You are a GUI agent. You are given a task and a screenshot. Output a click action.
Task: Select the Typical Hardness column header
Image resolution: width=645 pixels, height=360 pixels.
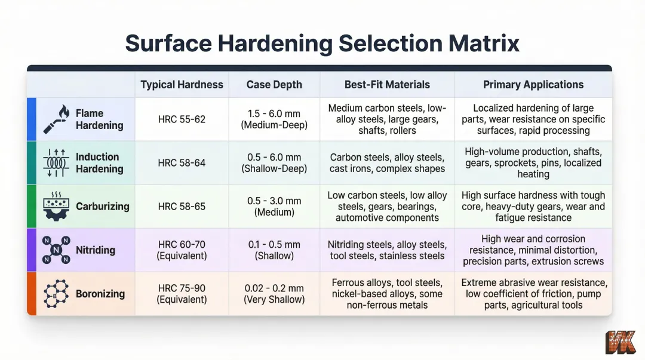pos(182,85)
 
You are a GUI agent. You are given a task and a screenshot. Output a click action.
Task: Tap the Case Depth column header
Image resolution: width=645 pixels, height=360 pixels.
pos(274,85)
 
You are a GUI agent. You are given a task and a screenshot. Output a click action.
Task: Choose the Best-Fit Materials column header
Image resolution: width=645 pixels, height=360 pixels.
pos(387,85)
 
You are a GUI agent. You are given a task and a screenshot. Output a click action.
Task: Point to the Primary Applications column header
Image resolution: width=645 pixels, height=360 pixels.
pos(533,85)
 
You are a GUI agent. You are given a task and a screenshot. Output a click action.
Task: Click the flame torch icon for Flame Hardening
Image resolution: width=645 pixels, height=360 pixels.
pos(57,119)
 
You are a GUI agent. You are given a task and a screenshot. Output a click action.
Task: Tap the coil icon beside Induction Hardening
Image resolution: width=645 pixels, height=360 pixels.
pos(57,163)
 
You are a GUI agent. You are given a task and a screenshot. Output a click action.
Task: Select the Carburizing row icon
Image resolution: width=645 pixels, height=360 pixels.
pos(57,207)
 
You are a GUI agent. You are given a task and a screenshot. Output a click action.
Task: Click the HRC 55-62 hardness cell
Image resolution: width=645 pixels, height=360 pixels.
pos(182,119)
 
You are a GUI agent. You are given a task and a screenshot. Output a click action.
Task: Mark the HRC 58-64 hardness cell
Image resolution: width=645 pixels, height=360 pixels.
pos(182,163)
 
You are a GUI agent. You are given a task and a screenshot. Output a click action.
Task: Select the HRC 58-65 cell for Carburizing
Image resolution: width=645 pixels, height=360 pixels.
pos(182,207)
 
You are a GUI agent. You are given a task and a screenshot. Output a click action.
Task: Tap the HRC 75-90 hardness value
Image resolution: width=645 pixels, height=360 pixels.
pos(182,288)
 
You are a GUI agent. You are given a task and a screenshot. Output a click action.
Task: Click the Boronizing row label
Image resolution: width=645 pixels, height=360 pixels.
pos(100,294)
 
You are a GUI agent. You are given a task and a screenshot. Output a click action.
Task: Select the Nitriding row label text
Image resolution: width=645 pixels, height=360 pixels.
pos(96,250)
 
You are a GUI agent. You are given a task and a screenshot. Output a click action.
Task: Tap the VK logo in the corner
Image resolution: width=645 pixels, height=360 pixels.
pos(620,343)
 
